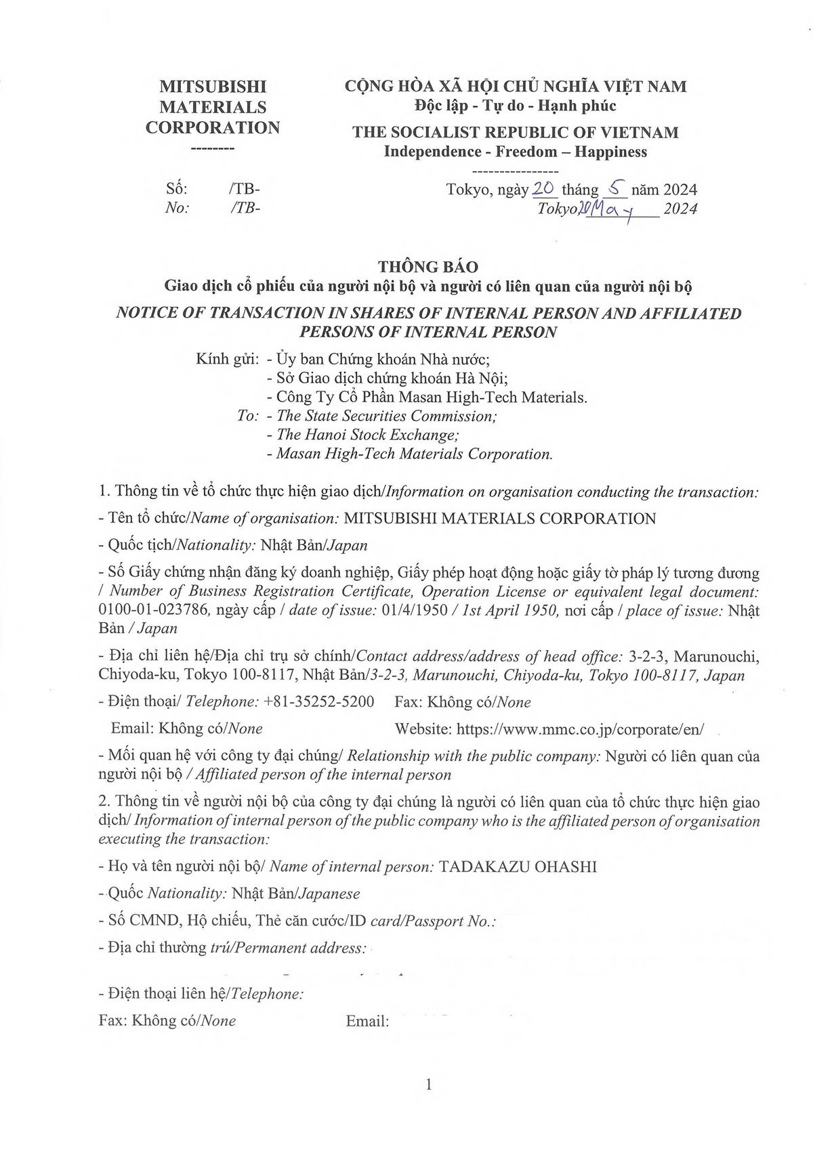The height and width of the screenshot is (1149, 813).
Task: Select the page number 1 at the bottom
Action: click(x=428, y=1085)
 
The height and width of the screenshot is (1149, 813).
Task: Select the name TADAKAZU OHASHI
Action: click(x=518, y=867)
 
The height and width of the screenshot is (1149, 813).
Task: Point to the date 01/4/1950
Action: click(x=415, y=610)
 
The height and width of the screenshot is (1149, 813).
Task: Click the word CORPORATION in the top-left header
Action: click(x=212, y=127)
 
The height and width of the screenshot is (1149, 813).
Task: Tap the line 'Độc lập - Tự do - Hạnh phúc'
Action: click(x=515, y=106)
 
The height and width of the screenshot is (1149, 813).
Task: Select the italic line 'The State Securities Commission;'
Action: click(x=387, y=416)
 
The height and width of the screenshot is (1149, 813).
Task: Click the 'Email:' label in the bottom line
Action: click(x=367, y=1021)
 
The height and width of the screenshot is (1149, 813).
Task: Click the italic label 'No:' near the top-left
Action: click(x=177, y=208)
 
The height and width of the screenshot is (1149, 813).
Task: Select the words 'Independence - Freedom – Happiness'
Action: click(x=515, y=152)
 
